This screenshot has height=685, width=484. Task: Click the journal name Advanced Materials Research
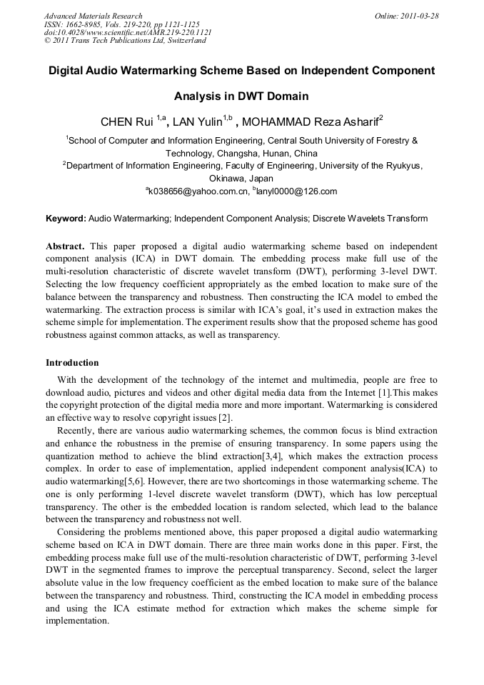(93, 16)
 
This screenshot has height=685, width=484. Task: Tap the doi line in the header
(127, 32)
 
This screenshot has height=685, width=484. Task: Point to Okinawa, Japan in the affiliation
(241, 179)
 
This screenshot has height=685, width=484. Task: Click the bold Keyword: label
(66, 219)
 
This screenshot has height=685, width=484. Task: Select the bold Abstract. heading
(65, 246)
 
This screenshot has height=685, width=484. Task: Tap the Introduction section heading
(72, 363)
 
